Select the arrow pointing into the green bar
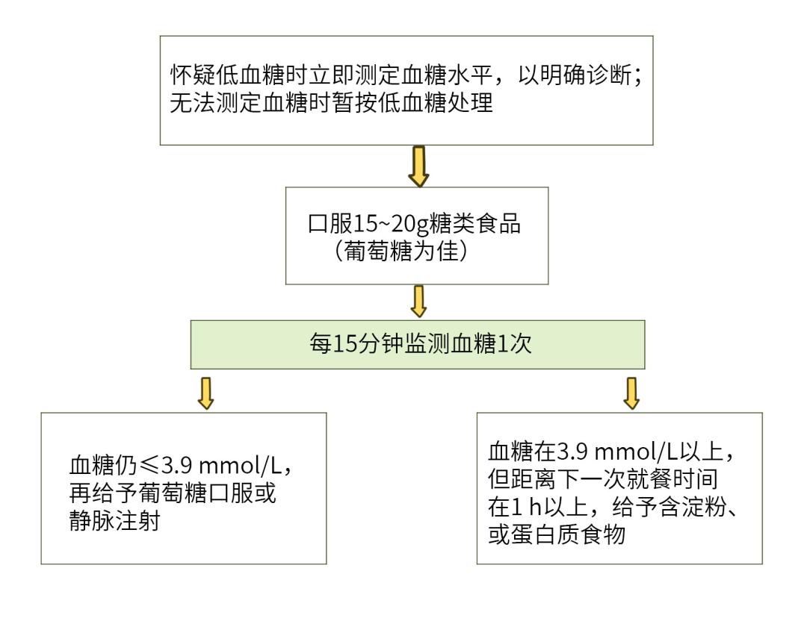[418, 301]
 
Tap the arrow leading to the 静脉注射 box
[206, 393]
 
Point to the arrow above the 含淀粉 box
[631, 393]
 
